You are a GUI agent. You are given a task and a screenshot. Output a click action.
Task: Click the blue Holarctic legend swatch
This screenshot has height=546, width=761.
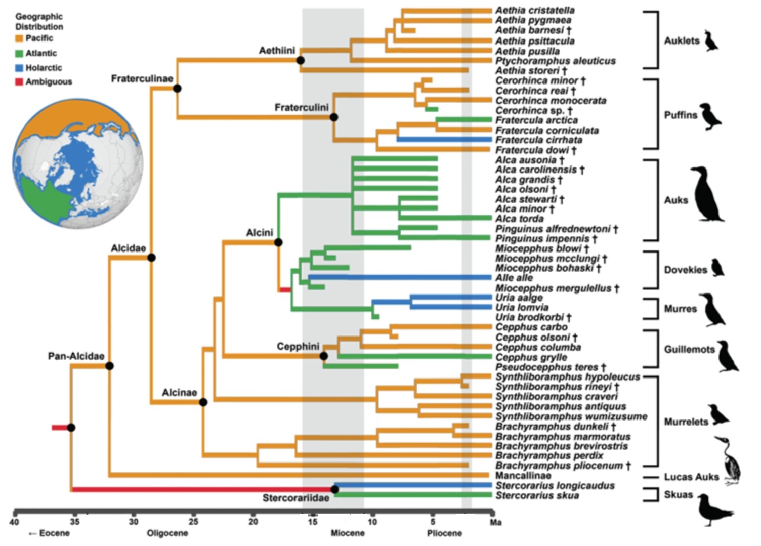19,68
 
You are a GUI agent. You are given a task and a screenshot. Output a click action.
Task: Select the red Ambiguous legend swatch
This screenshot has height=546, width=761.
19,82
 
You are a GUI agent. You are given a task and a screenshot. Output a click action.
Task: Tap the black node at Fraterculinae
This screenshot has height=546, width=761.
177,89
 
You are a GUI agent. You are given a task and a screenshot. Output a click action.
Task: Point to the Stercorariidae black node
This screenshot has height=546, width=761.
334,489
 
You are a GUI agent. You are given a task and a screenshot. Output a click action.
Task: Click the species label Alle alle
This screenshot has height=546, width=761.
514,278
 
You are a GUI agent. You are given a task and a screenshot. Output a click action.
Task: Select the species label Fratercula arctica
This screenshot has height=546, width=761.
536,120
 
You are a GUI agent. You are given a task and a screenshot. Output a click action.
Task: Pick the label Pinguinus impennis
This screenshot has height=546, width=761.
542,239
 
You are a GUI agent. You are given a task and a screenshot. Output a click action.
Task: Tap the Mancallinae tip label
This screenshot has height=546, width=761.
523,476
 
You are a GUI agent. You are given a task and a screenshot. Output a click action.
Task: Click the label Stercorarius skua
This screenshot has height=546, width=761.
537,495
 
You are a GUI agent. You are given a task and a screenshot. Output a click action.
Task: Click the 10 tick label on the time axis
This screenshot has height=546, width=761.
372,522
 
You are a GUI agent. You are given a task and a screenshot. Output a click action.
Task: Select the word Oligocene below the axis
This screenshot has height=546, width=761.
167,533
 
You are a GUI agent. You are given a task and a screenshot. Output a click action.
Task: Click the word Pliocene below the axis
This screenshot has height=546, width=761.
444,533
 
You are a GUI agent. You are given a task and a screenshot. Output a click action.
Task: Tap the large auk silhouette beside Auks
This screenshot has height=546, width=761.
706,196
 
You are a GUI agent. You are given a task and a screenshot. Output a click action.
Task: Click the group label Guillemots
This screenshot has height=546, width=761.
689,350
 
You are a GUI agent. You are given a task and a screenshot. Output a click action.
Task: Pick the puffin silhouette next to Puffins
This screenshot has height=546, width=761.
710,117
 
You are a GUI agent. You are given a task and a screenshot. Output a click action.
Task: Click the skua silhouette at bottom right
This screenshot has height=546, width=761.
713,510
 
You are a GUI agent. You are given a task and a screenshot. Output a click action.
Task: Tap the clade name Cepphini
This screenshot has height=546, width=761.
298,347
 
